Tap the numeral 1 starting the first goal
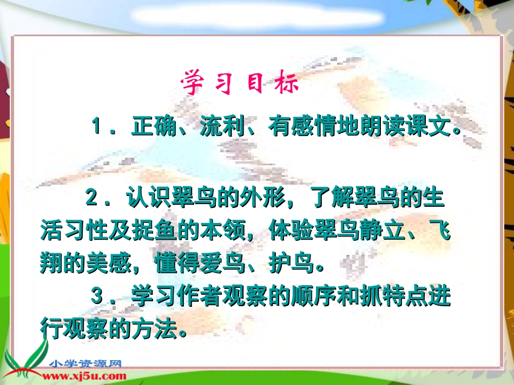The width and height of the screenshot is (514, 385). tap(97, 127)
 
